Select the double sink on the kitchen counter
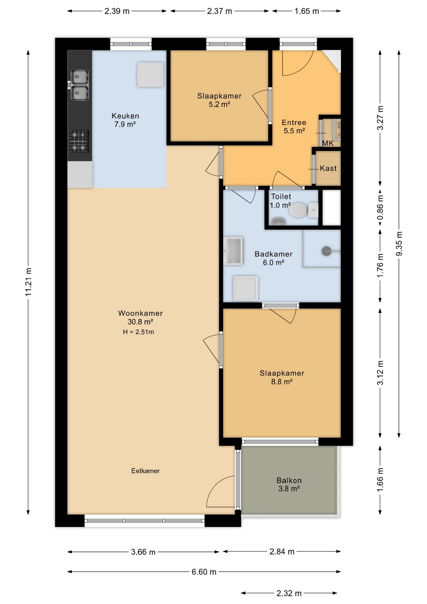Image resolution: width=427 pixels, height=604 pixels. [x=79, y=85]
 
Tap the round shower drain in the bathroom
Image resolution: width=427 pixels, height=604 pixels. [x=326, y=251]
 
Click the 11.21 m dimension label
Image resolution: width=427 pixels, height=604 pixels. [x=28, y=282]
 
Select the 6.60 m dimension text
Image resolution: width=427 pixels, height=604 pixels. [x=204, y=572]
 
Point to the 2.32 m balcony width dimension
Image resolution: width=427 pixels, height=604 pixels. [x=289, y=593]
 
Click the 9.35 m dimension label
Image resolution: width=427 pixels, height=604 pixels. [x=399, y=244]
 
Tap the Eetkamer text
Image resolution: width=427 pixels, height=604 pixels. [x=145, y=471]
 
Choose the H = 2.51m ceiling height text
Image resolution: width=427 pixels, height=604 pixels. [x=138, y=332]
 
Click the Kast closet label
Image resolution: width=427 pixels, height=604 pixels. [x=328, y=169]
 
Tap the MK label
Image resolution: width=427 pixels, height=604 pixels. [x=328, y=143]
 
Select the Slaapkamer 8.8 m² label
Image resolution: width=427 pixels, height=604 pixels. [x=282, y=377]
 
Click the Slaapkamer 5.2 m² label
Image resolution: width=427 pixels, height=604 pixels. [x=219, y=100]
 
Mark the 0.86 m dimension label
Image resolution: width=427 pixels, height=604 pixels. [x=380, y=207]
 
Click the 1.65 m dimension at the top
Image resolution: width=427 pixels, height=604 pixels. [x=306, y=11]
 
